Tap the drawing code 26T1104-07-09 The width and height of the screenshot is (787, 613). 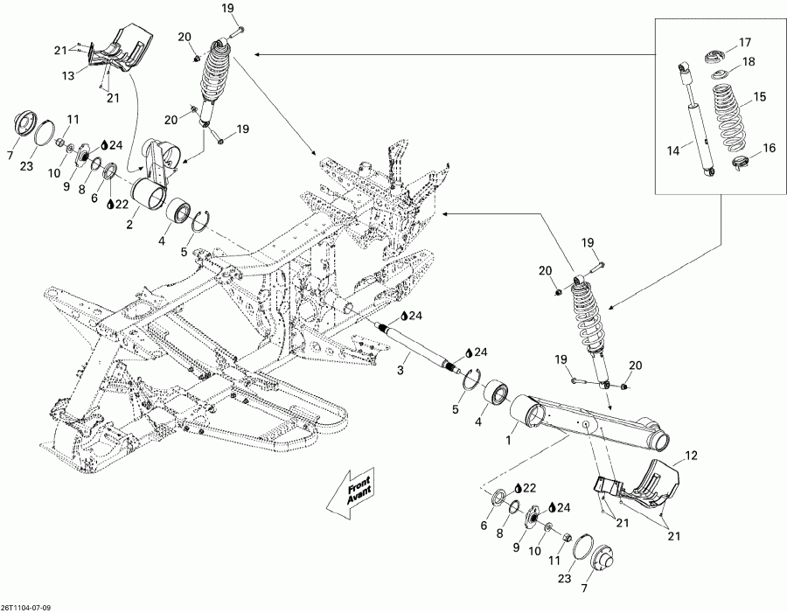[31, 605]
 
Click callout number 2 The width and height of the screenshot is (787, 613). [130, 224]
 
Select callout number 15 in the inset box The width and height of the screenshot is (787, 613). [760, 96]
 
